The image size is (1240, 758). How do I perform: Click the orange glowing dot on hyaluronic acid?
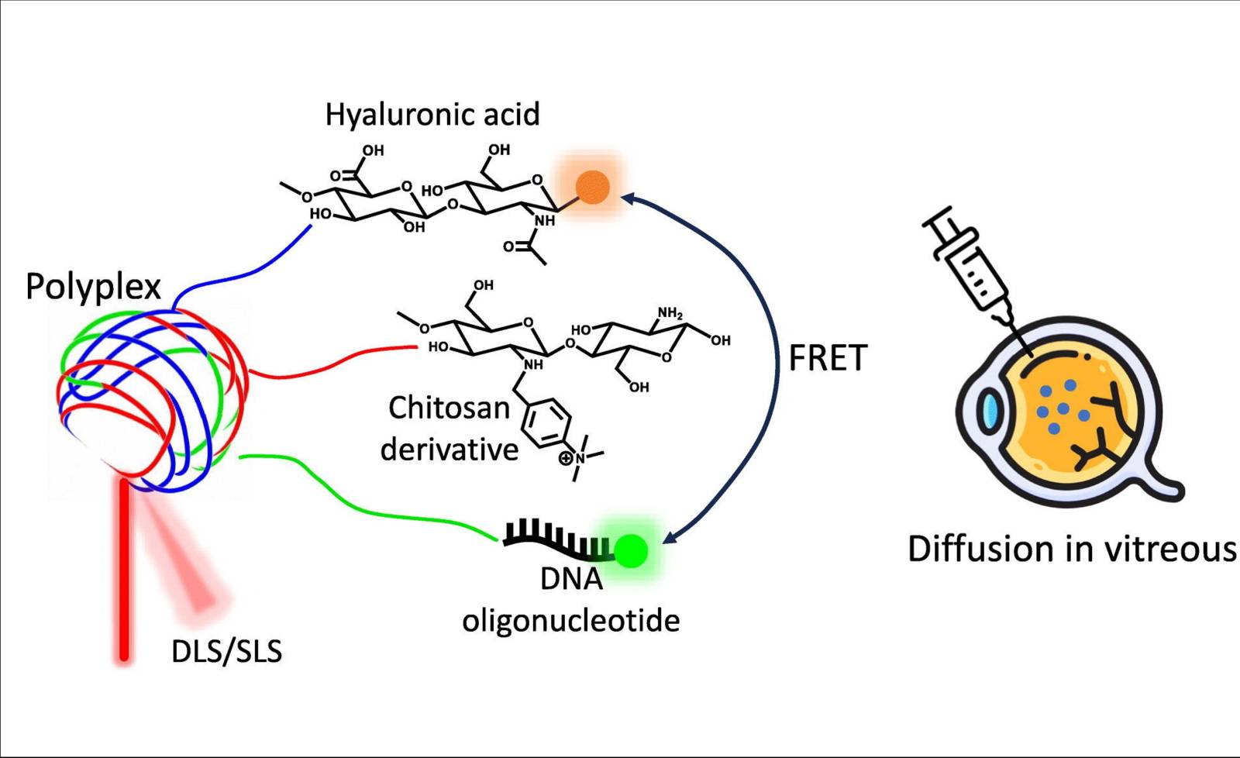point(593,187)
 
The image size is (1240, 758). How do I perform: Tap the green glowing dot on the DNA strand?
point(632,551)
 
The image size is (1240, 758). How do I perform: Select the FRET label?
point(827,358)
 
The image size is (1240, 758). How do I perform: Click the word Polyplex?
point(93,287)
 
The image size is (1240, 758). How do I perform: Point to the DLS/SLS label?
point(226,651)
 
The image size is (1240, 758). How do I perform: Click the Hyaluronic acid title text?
point(432,115)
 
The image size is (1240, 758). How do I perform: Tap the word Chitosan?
point(449,408)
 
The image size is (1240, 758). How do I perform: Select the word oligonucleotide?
point(570,620)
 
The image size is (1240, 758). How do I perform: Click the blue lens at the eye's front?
point(990,412)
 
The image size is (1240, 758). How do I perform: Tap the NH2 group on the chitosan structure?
point(670,314)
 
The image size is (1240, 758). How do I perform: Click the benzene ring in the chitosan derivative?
point(547,423)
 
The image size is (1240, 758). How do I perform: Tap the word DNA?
point(571,579)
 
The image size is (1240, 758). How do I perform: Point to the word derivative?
point(449,450)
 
